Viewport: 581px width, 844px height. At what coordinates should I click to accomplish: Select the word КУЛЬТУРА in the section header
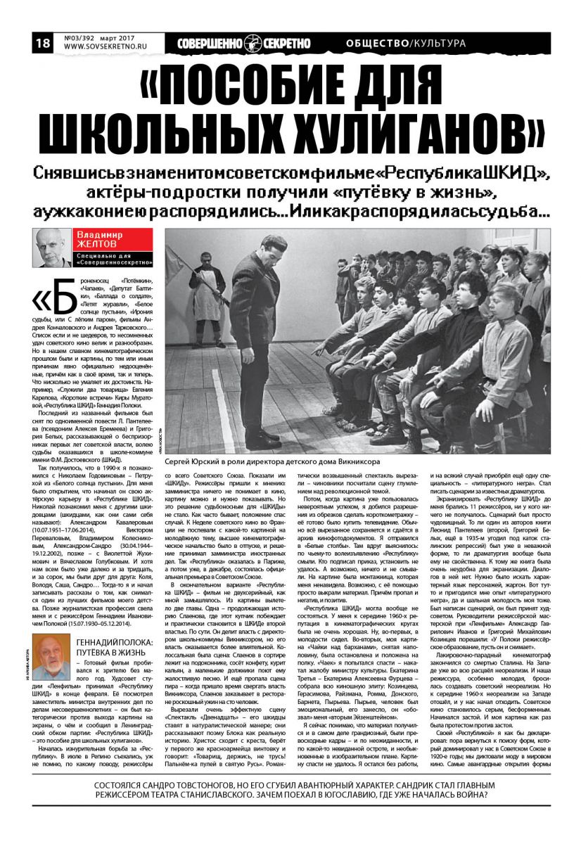[x=440, y=44]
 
